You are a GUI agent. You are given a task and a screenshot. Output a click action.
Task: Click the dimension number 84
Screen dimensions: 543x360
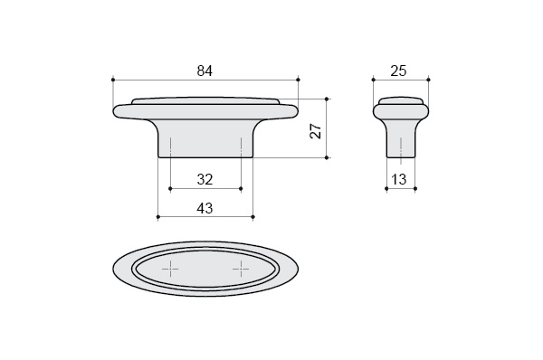click(x=205, y=71)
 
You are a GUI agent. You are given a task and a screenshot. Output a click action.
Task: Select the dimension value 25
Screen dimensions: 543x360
click(x=398, y=71)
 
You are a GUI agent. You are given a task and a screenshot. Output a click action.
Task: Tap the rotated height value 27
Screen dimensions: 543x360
click(x=316, y=131)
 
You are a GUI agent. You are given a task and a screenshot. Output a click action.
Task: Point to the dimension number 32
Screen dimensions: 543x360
click(x=205, y=179)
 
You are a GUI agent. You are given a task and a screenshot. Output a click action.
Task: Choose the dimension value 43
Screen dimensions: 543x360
click(x=205, y=208)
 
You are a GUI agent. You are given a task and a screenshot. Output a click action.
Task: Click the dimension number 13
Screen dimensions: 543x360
click(x=398, y=179)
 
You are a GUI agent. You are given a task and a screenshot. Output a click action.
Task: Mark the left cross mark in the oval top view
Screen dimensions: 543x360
click(x=170, y=269)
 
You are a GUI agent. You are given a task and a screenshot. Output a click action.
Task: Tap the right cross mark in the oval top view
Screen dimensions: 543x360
click(x=241, y=269)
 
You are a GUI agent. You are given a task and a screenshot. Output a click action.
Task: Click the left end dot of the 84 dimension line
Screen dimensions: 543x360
click(x=113, y=80)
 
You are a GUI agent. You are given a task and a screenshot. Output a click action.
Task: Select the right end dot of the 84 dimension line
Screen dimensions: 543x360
click(x=298, y=80)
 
